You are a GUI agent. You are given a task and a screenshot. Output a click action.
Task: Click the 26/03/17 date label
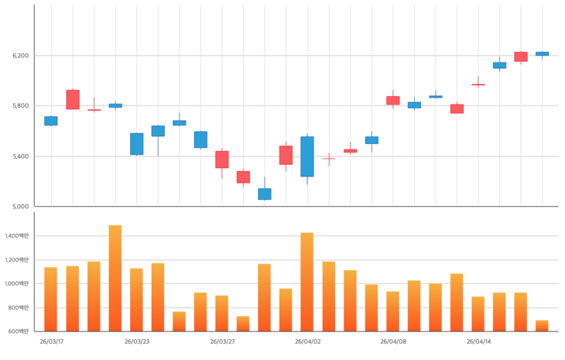point(51,341)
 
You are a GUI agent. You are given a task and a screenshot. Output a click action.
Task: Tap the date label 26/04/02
point(307,341)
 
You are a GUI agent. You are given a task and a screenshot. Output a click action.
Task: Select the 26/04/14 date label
point(478,341)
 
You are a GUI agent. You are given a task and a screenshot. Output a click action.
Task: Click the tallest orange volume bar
point(115,279)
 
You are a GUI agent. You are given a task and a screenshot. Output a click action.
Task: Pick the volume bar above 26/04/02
point(307,283)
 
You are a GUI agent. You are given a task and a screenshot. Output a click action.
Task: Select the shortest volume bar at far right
point(542,326)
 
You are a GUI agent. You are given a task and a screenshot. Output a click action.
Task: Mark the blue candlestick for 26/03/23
point(136,144)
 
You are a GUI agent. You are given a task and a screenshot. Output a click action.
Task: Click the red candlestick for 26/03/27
point(222,159)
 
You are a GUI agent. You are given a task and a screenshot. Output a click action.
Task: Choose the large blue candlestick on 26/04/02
point(307,156)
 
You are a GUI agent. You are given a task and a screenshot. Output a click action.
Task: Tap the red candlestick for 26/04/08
point(393,101)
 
